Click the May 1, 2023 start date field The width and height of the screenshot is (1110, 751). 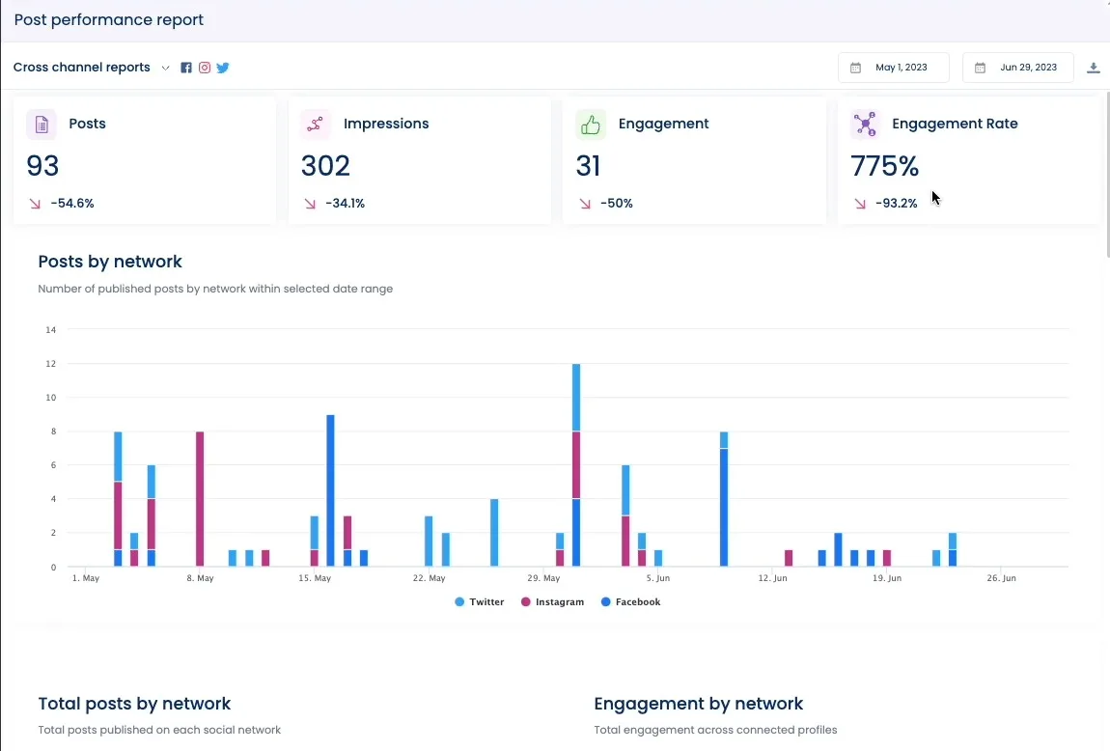[x=894, y=68]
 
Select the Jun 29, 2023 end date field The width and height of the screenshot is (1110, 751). [x=1018, y=68]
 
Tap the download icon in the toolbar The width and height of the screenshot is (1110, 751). [x=1094, y=68]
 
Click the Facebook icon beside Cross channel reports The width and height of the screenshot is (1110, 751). [x=186, y=68]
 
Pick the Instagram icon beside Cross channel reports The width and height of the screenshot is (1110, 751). [x=205, y=68]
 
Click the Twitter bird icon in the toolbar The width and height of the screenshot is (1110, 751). [x=223, y=68]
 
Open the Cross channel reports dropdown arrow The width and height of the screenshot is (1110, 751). [x=165, y=68]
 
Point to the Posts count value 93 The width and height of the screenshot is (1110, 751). [x=43, y=166]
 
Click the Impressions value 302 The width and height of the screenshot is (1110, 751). [x=325, y=166]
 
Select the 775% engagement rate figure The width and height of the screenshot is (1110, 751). [x=884, y=166]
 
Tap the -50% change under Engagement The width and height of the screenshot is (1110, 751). [x=616, y=204]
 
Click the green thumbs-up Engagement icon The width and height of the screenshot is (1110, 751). [x=591, y=125]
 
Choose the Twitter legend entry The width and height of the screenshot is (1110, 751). [x=480, y=602]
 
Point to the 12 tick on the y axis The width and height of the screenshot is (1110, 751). [x=51, y=364]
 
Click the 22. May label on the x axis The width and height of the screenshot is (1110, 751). [x=429, y=578]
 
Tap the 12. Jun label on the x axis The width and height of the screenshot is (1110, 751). [x=772, y=578]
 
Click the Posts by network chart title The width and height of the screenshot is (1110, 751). [x=110, y=262]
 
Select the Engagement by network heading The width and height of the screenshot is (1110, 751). [x=699, y=704]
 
